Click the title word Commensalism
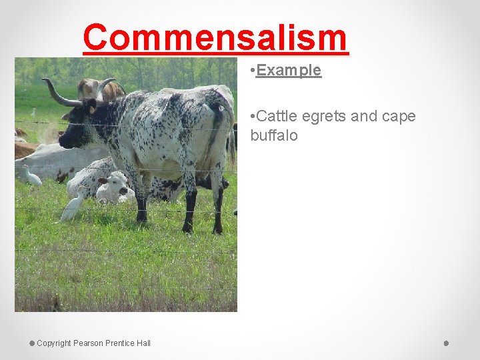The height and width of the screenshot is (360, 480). tap(215, 38)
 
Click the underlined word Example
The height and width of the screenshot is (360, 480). tap(288, 70)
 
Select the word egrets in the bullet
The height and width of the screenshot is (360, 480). tap(324, 117)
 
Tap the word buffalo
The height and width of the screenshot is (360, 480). tap(274, 135)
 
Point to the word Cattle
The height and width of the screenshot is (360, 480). tap(277, 117)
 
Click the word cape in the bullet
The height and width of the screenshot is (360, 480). tap(399, 117)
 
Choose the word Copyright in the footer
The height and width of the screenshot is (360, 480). tap(54, 343)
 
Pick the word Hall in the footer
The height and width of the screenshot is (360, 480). tap(143, 343)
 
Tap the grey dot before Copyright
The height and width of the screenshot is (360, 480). tap(31, 343)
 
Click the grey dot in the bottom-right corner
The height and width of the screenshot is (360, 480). tap(447, 343)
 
